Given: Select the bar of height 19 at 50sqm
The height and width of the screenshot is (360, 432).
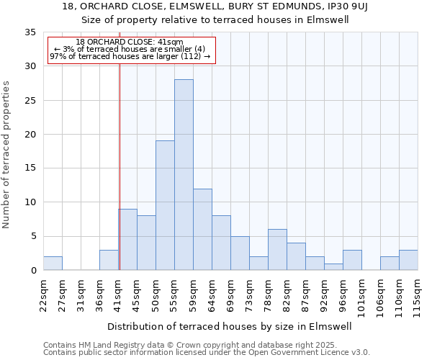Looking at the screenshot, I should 165,205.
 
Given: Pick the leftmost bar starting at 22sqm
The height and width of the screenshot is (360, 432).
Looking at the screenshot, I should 53,264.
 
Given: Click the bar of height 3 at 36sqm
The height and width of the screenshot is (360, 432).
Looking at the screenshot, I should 109,260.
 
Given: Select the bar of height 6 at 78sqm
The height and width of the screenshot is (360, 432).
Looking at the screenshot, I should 277,250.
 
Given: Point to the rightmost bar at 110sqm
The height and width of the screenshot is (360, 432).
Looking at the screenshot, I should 408,260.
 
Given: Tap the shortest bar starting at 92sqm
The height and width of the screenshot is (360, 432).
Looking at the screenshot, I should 333,267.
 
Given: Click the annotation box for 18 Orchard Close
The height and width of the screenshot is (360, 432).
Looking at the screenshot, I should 131,50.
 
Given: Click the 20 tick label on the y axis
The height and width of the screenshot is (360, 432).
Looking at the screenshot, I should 30,135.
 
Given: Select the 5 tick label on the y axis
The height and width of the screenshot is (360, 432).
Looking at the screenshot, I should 33,236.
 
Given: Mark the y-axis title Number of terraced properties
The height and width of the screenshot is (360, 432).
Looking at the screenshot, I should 6,154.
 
